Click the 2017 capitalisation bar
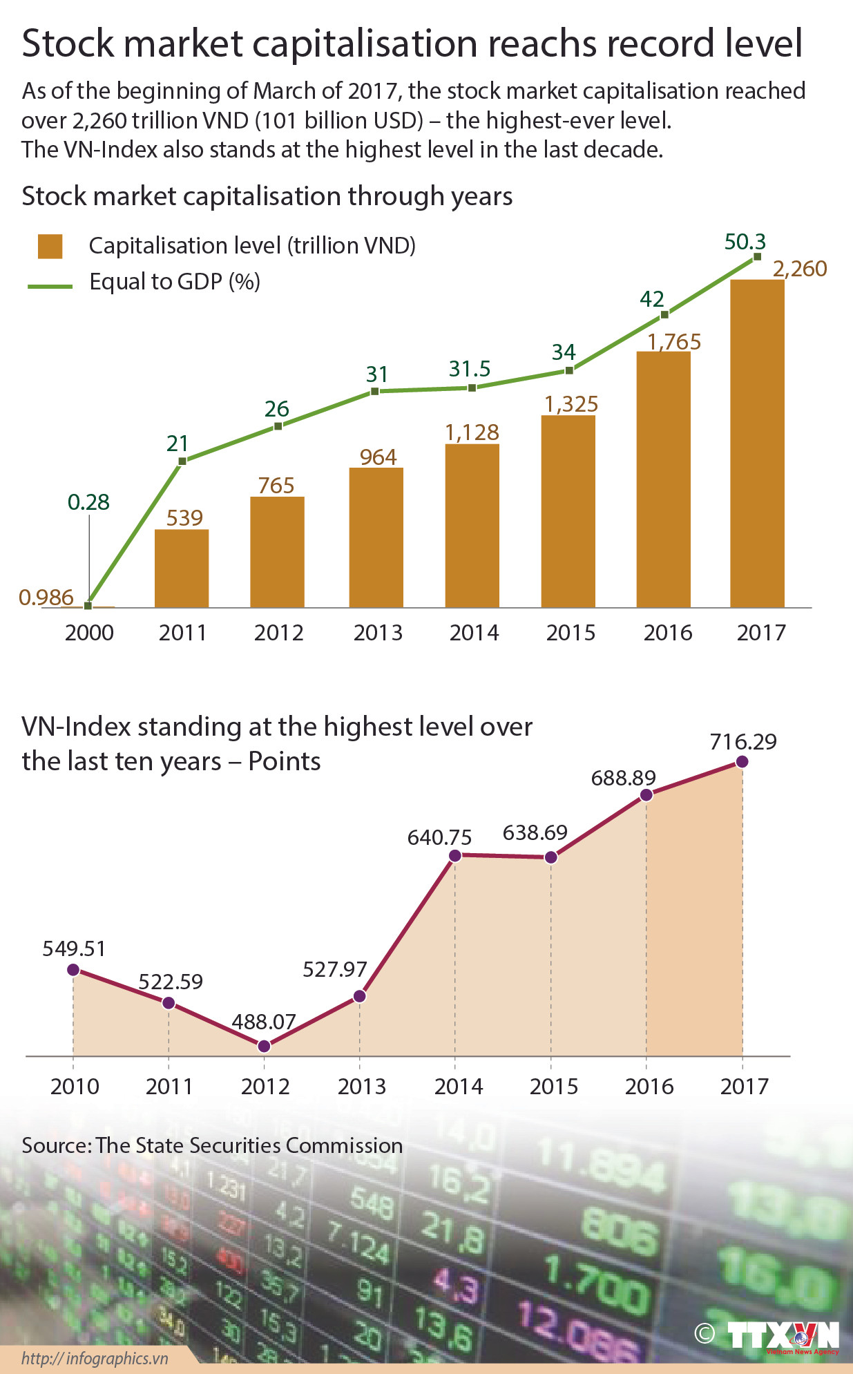coord(757,443)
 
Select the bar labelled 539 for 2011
coord(181,568)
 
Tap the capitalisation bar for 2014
coord(472,525)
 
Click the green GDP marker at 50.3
coord(757,256)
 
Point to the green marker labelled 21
coord(182,461)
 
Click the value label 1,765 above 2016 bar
coord(674,341)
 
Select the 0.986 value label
coord(46,597)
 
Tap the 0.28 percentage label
coord(88,502)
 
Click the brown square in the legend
coord(50,246)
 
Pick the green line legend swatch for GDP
coord(50,285)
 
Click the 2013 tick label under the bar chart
coord(377,633)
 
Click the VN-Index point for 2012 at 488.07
coord(264,1046)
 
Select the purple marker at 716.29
coord(742,761)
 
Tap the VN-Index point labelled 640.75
coord(455,856)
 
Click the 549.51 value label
coord(74,948)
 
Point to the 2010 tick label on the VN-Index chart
coord(75,1087)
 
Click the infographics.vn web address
coord(95,1358)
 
